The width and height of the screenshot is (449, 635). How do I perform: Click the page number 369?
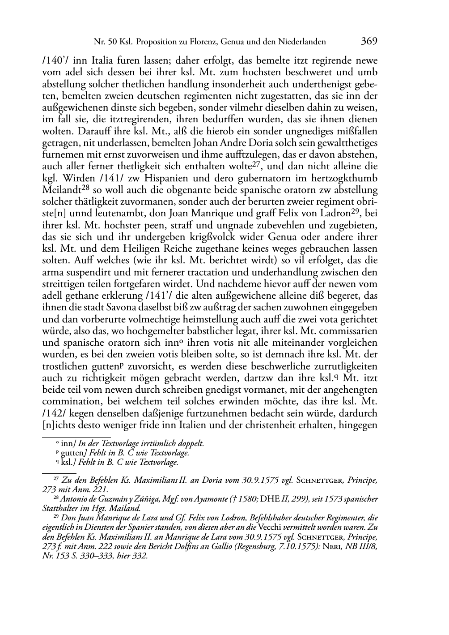(x=369, y=42)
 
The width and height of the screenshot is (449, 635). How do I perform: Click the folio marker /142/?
(x=53, y=413)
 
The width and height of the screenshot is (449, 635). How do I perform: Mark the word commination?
(x=68, y=402)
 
